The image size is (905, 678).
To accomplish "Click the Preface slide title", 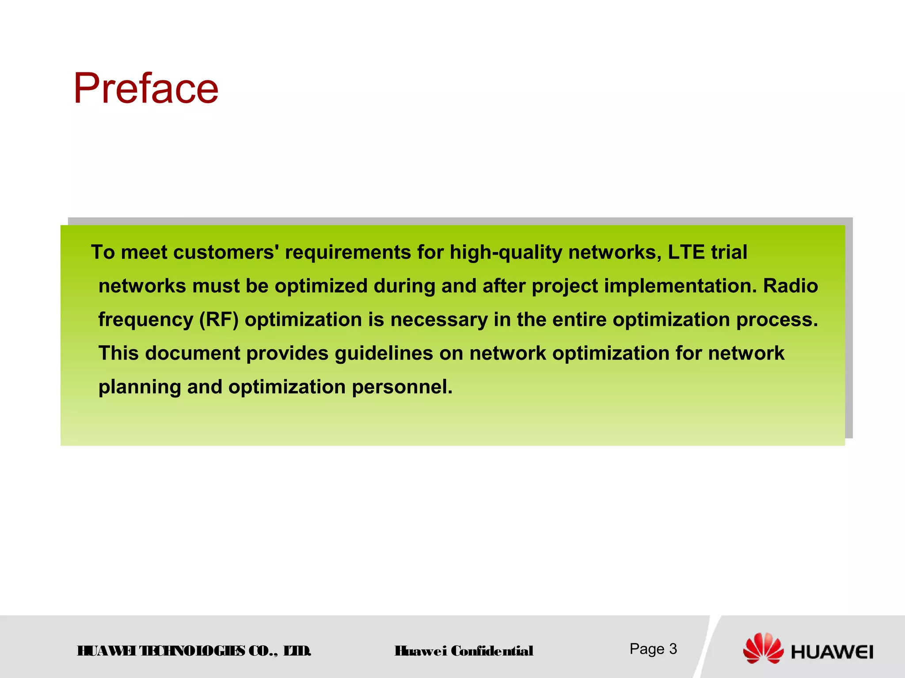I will (146, 89).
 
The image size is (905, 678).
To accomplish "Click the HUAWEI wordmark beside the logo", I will (832, 652).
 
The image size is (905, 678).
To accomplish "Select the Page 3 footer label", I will (653, 649).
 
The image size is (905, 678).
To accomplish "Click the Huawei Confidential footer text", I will (464, 651).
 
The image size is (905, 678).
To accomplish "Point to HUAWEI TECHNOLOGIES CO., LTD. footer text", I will (194, 651).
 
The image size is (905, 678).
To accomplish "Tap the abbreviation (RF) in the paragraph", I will (219, 320).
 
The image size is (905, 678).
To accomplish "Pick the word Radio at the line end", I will (791, 286).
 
